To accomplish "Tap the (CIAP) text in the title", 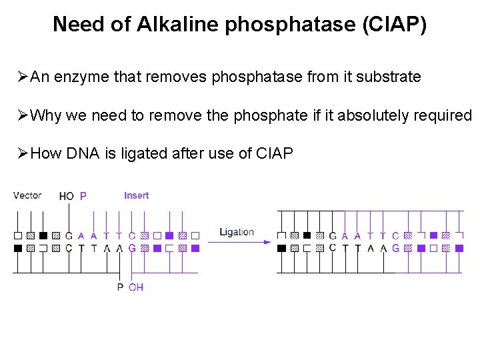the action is coord(395,25).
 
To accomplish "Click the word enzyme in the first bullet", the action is coord(81,77).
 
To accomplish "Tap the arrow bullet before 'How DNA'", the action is coord(23,153).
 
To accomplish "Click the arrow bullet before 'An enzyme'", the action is coord(23,77).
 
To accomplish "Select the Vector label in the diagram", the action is coord(27,195).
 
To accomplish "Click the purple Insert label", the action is coord(136,195).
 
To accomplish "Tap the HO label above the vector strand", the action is coord(67,196).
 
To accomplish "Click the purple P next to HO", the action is coord(83,196).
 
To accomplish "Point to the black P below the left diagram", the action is coord(120,287).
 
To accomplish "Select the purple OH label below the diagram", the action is coord(136,287).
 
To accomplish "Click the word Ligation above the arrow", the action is coord(237,233).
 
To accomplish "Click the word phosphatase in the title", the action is coord(291,25).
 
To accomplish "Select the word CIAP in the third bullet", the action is coord(274,153).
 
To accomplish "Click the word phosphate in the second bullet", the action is coord(271,116).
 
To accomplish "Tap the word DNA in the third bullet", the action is coord(83,153).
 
